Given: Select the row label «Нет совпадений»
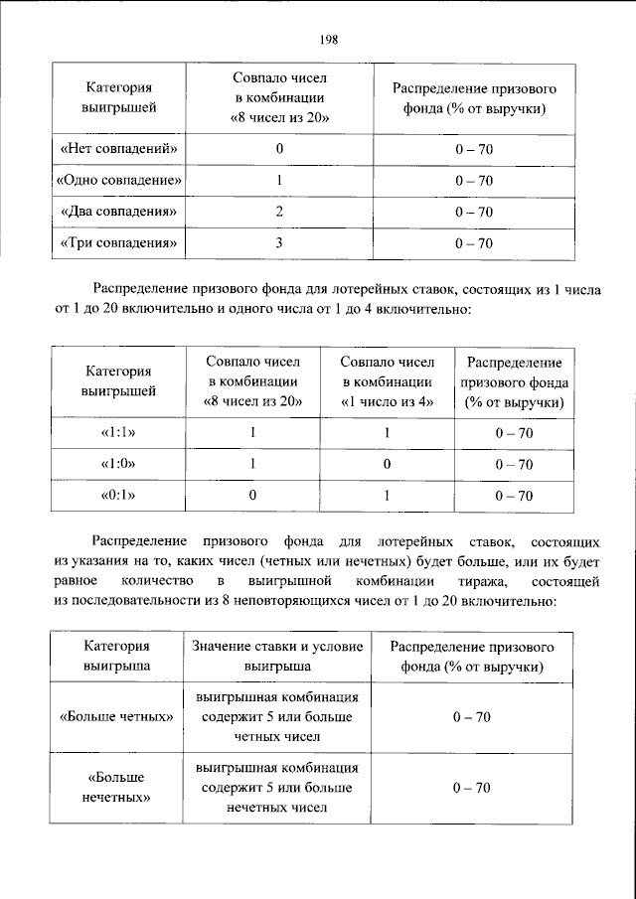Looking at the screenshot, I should [x=118, y=149].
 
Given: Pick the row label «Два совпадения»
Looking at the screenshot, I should [x=118, y=212].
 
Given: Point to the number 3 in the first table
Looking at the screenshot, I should [x=280, y=243].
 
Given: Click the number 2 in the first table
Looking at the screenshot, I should [x=280, y=212].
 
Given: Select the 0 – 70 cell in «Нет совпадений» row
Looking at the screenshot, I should [x=473, y=149].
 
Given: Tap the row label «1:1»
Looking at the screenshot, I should [x=118, y=433].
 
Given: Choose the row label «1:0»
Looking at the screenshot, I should [x=118, y=464].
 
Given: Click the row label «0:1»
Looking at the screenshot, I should [x=118, y=495].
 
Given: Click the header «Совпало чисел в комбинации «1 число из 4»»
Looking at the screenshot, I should [x=387, y=382].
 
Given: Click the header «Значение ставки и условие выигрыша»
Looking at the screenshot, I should [x=277, y=657].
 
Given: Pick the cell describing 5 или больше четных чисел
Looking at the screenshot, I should [x=277, y=716].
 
